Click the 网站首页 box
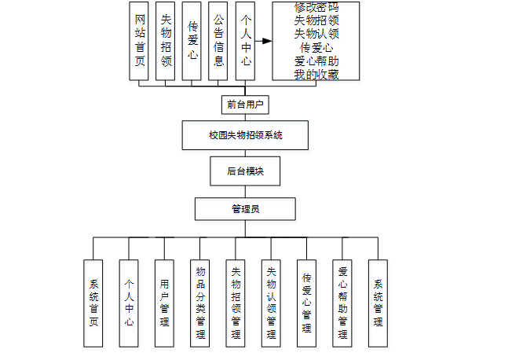point(139,40)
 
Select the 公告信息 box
point(218,40)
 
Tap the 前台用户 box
point(244,104)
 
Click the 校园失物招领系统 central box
point(244,135)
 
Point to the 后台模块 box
point(244,171)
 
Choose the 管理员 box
point(244,209)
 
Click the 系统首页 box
point(93,303)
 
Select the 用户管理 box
point(164,303)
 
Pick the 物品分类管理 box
point(199,303)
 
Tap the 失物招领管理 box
point(236,303)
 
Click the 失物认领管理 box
point(271,303)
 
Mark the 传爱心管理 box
point(306,303)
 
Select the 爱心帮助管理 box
point(342,303)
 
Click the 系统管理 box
point(378,303)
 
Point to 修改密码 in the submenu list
point(316,7)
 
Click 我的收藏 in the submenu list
point(316,74)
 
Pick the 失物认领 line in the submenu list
point(316,34)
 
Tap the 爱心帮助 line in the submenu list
point(316,61)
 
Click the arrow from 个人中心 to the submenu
point(264,40)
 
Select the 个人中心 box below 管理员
point(129,303)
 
